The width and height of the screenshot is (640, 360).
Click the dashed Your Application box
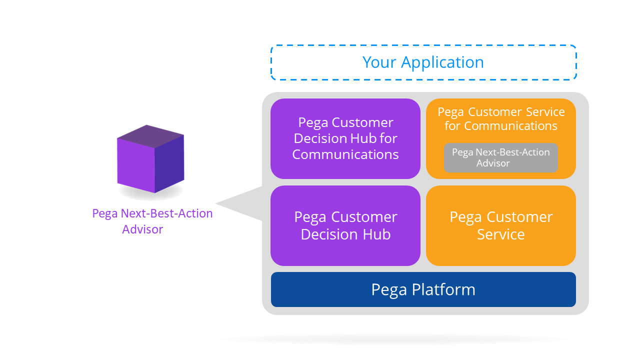click(x=423, y=62)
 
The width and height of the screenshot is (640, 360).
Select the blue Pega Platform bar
click(x=423, y=289)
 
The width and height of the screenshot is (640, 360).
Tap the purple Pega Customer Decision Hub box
click(x=345, y=225)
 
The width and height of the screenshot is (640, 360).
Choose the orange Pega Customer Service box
click(x=501, y=225)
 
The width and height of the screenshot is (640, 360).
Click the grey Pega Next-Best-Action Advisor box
click(x=500, y=158)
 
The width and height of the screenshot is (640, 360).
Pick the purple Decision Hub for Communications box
click(x=345, y=138)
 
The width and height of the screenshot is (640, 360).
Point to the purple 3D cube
click(x=150, y=159)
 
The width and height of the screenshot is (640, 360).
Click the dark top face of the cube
click(x=150, y=135)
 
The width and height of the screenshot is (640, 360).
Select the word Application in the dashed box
click(x=442, y=62)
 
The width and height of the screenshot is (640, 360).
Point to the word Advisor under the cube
click(x=142, y=229)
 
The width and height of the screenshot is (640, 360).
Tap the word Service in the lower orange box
click(x=501, y=234)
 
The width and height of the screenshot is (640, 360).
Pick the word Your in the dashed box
click(x=380, y=62)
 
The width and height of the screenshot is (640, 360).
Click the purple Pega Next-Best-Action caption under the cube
click(x=152, y=213)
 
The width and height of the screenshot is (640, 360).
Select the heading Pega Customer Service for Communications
click(x=501, y=118)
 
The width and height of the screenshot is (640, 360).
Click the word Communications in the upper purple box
click(x=345, y=154)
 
